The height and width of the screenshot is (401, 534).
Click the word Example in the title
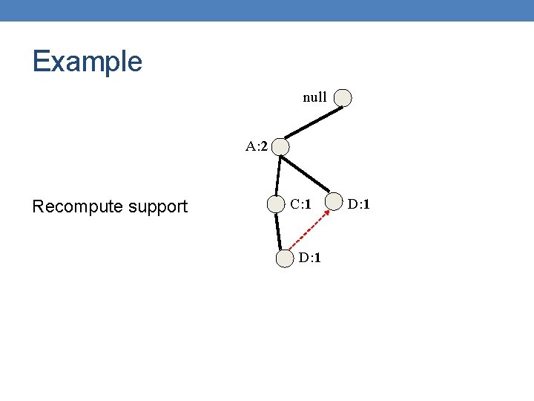87,61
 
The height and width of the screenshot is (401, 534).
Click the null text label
314,97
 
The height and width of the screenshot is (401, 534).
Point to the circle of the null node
343,97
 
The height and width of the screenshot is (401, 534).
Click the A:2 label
257,146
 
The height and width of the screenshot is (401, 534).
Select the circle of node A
280,147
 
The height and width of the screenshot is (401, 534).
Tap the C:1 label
300,203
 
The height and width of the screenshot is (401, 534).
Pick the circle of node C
276,204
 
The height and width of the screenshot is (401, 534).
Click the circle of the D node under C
285,258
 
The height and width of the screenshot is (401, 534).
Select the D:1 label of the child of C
310,258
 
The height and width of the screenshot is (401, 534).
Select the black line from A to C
278,176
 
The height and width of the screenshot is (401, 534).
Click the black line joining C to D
280,231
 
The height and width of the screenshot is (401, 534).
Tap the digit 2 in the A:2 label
263,146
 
